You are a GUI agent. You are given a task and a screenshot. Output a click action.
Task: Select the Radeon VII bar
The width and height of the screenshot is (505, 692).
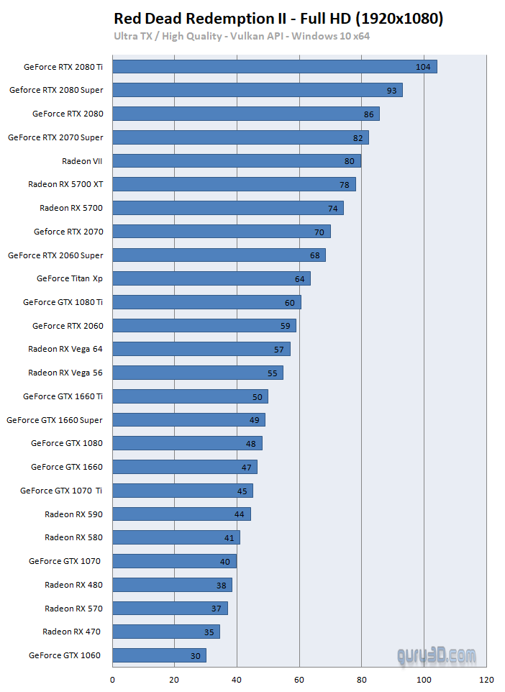237,161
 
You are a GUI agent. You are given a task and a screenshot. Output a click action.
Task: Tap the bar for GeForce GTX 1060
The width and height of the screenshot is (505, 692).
160,655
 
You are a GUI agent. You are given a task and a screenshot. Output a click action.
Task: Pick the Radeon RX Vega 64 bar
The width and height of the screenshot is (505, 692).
201,349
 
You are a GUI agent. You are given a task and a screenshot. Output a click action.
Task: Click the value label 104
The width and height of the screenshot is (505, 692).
423,67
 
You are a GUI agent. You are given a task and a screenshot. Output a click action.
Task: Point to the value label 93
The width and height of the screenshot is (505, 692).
391,91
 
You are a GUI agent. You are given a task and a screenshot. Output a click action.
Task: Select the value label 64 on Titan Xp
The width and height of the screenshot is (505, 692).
299,278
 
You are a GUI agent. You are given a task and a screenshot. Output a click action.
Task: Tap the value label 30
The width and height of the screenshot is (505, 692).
194,655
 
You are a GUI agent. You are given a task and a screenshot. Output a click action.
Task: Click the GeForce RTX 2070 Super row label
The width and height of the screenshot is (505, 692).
55,137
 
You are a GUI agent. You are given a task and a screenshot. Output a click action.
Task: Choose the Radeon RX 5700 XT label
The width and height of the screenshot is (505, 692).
65,184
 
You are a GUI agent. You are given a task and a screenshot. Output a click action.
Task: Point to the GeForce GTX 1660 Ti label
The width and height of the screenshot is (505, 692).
63,396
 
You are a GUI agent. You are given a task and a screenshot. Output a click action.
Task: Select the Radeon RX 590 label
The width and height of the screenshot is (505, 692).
73,514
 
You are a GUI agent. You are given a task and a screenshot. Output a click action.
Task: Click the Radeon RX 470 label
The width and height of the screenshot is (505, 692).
71,632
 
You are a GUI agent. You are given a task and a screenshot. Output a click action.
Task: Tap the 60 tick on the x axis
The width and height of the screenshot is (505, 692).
299,680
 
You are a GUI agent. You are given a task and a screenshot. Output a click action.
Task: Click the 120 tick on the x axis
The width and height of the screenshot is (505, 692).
486,680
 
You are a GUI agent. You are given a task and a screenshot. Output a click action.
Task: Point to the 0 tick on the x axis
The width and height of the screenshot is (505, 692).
113,680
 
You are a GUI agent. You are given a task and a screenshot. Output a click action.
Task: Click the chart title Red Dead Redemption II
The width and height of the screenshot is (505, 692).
278,19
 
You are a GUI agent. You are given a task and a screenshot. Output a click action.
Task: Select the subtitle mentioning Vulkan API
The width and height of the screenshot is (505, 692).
241,36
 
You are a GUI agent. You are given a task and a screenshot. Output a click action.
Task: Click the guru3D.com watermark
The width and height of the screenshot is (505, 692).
437,656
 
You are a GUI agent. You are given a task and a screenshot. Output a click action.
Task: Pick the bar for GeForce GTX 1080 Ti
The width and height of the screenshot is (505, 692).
207,302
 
